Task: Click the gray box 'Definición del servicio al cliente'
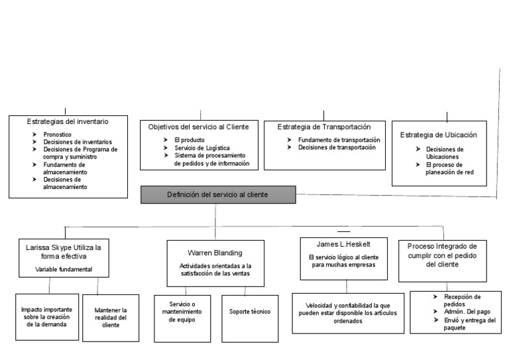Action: [x=218, y=195]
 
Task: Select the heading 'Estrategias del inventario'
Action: [x=68, y=122]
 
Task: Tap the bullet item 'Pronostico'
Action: [x=58, y=135]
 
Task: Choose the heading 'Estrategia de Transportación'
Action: [x=323, y=126]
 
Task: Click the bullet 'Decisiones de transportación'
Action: [x=337, y=148]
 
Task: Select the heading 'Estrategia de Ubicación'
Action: [x=438, y=135]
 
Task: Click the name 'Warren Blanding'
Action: [x=215, y=252]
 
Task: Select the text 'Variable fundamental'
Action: [x=64, y=269]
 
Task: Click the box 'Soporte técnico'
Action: [x=249, y=312]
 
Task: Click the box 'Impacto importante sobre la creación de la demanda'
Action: [x=46, y=316]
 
